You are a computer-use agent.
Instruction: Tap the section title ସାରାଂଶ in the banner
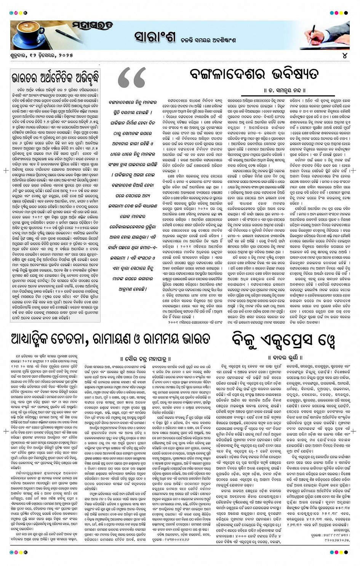coord(155,37)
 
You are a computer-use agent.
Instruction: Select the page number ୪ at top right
coord(345,55)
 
